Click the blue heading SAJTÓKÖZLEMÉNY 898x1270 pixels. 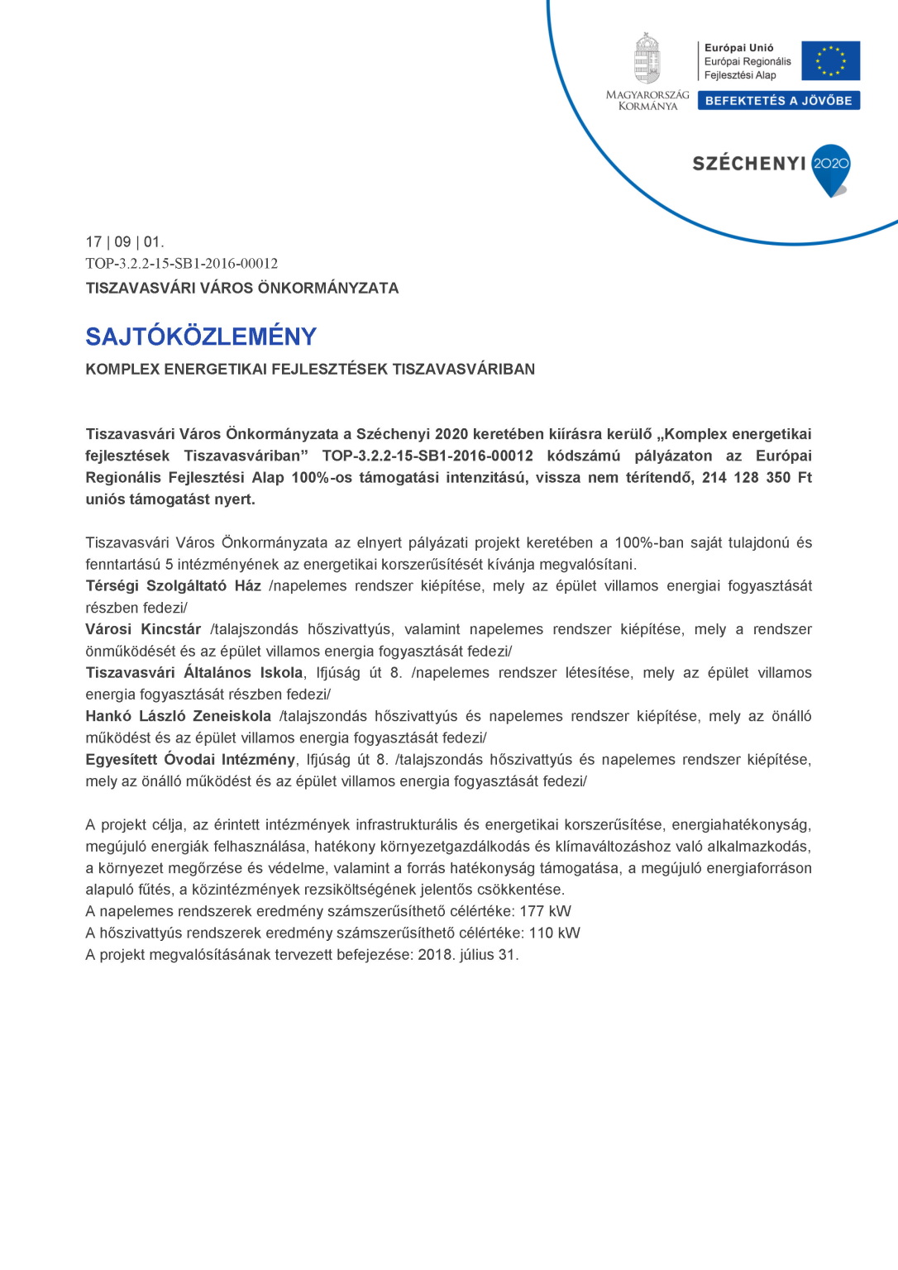[201, 337]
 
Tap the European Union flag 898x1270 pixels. [830, 60]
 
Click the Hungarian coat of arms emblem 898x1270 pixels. [647, 59]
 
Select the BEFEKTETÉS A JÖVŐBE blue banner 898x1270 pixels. [778, 101]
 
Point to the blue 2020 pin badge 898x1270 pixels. [831, 168]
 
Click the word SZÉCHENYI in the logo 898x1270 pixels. [749, 164]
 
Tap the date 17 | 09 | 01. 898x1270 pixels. [125, 242]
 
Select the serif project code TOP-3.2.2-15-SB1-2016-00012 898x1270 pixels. [182, 264]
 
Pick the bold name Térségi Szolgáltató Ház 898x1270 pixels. [174, 586]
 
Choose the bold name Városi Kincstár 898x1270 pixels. [143, 629]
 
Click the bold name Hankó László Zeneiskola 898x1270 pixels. [179, 716]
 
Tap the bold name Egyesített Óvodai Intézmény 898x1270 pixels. [190, 759]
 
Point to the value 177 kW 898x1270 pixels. [545, 911]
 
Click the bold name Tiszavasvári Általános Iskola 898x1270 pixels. [194, 673]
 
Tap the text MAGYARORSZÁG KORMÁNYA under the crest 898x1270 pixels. [647, 101]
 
